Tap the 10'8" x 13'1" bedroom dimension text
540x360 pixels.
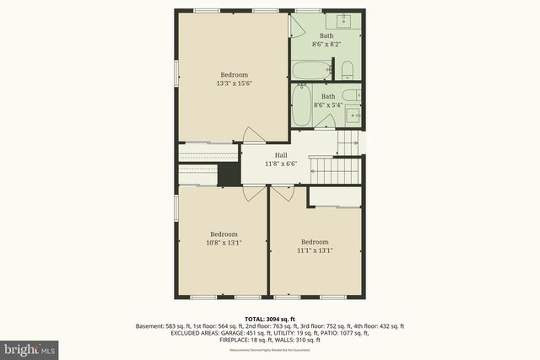224,243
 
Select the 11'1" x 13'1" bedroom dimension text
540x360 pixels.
315,250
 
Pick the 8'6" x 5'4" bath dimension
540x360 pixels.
328,105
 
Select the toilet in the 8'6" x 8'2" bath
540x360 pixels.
347,70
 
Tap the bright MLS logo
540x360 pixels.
30,347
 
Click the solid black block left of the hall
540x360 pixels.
228,175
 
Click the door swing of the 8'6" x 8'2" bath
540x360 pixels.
297,25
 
